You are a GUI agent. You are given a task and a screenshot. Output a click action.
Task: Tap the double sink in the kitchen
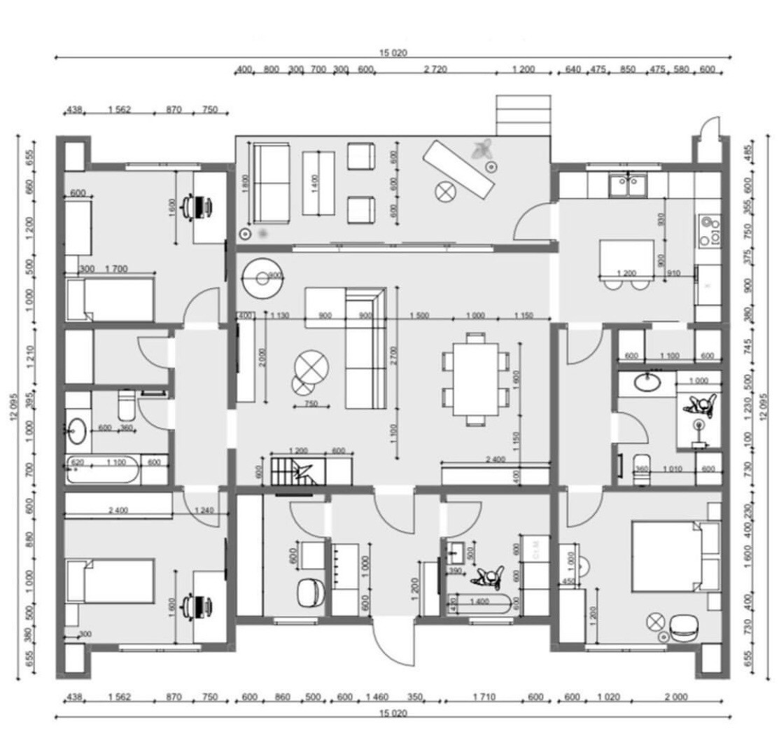coord(627,186)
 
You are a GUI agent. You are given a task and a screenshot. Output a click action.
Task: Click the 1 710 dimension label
coord(484,697)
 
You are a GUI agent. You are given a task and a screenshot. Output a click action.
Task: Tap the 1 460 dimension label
coord(377,697)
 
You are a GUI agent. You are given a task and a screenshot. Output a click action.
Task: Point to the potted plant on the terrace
coord(482,148)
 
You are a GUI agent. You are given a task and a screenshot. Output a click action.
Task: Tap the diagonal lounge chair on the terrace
coord(462,168)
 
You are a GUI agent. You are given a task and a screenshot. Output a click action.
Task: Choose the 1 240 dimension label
coord(205,510)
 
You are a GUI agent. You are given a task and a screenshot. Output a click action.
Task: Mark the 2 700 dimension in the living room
coord(394,350)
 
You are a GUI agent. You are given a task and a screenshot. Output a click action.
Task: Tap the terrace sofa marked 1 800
coord(271,182)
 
